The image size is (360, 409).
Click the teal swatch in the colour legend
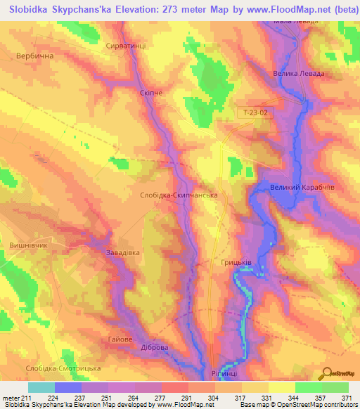point(41,387)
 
